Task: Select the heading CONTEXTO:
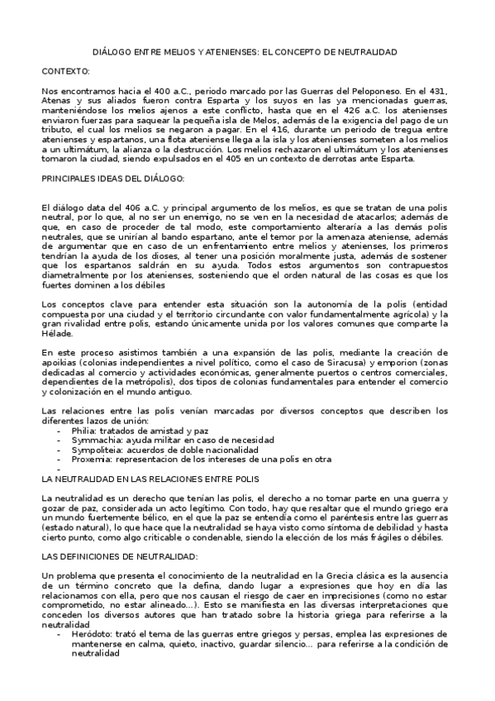pos(66,72)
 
